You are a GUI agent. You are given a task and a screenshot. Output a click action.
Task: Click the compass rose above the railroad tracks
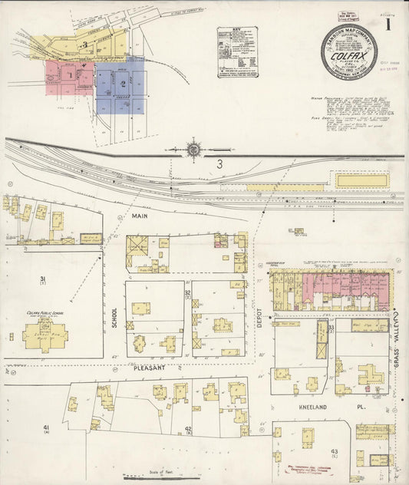pyautogui.click(x=193, y=149)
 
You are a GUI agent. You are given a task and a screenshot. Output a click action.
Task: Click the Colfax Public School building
pyautogui.click(x=45, y=333)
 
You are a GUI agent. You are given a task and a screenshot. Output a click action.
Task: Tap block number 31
pyautogui.click(x=44, y=279)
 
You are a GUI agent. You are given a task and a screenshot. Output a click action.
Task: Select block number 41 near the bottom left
pyautogui.click(x=46, y=427)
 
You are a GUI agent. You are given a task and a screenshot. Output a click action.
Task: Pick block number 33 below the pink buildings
pyautogui.click(x=331, y=328)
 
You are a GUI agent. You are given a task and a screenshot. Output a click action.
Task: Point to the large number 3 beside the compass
pyautogui.click(x=219, y=163)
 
